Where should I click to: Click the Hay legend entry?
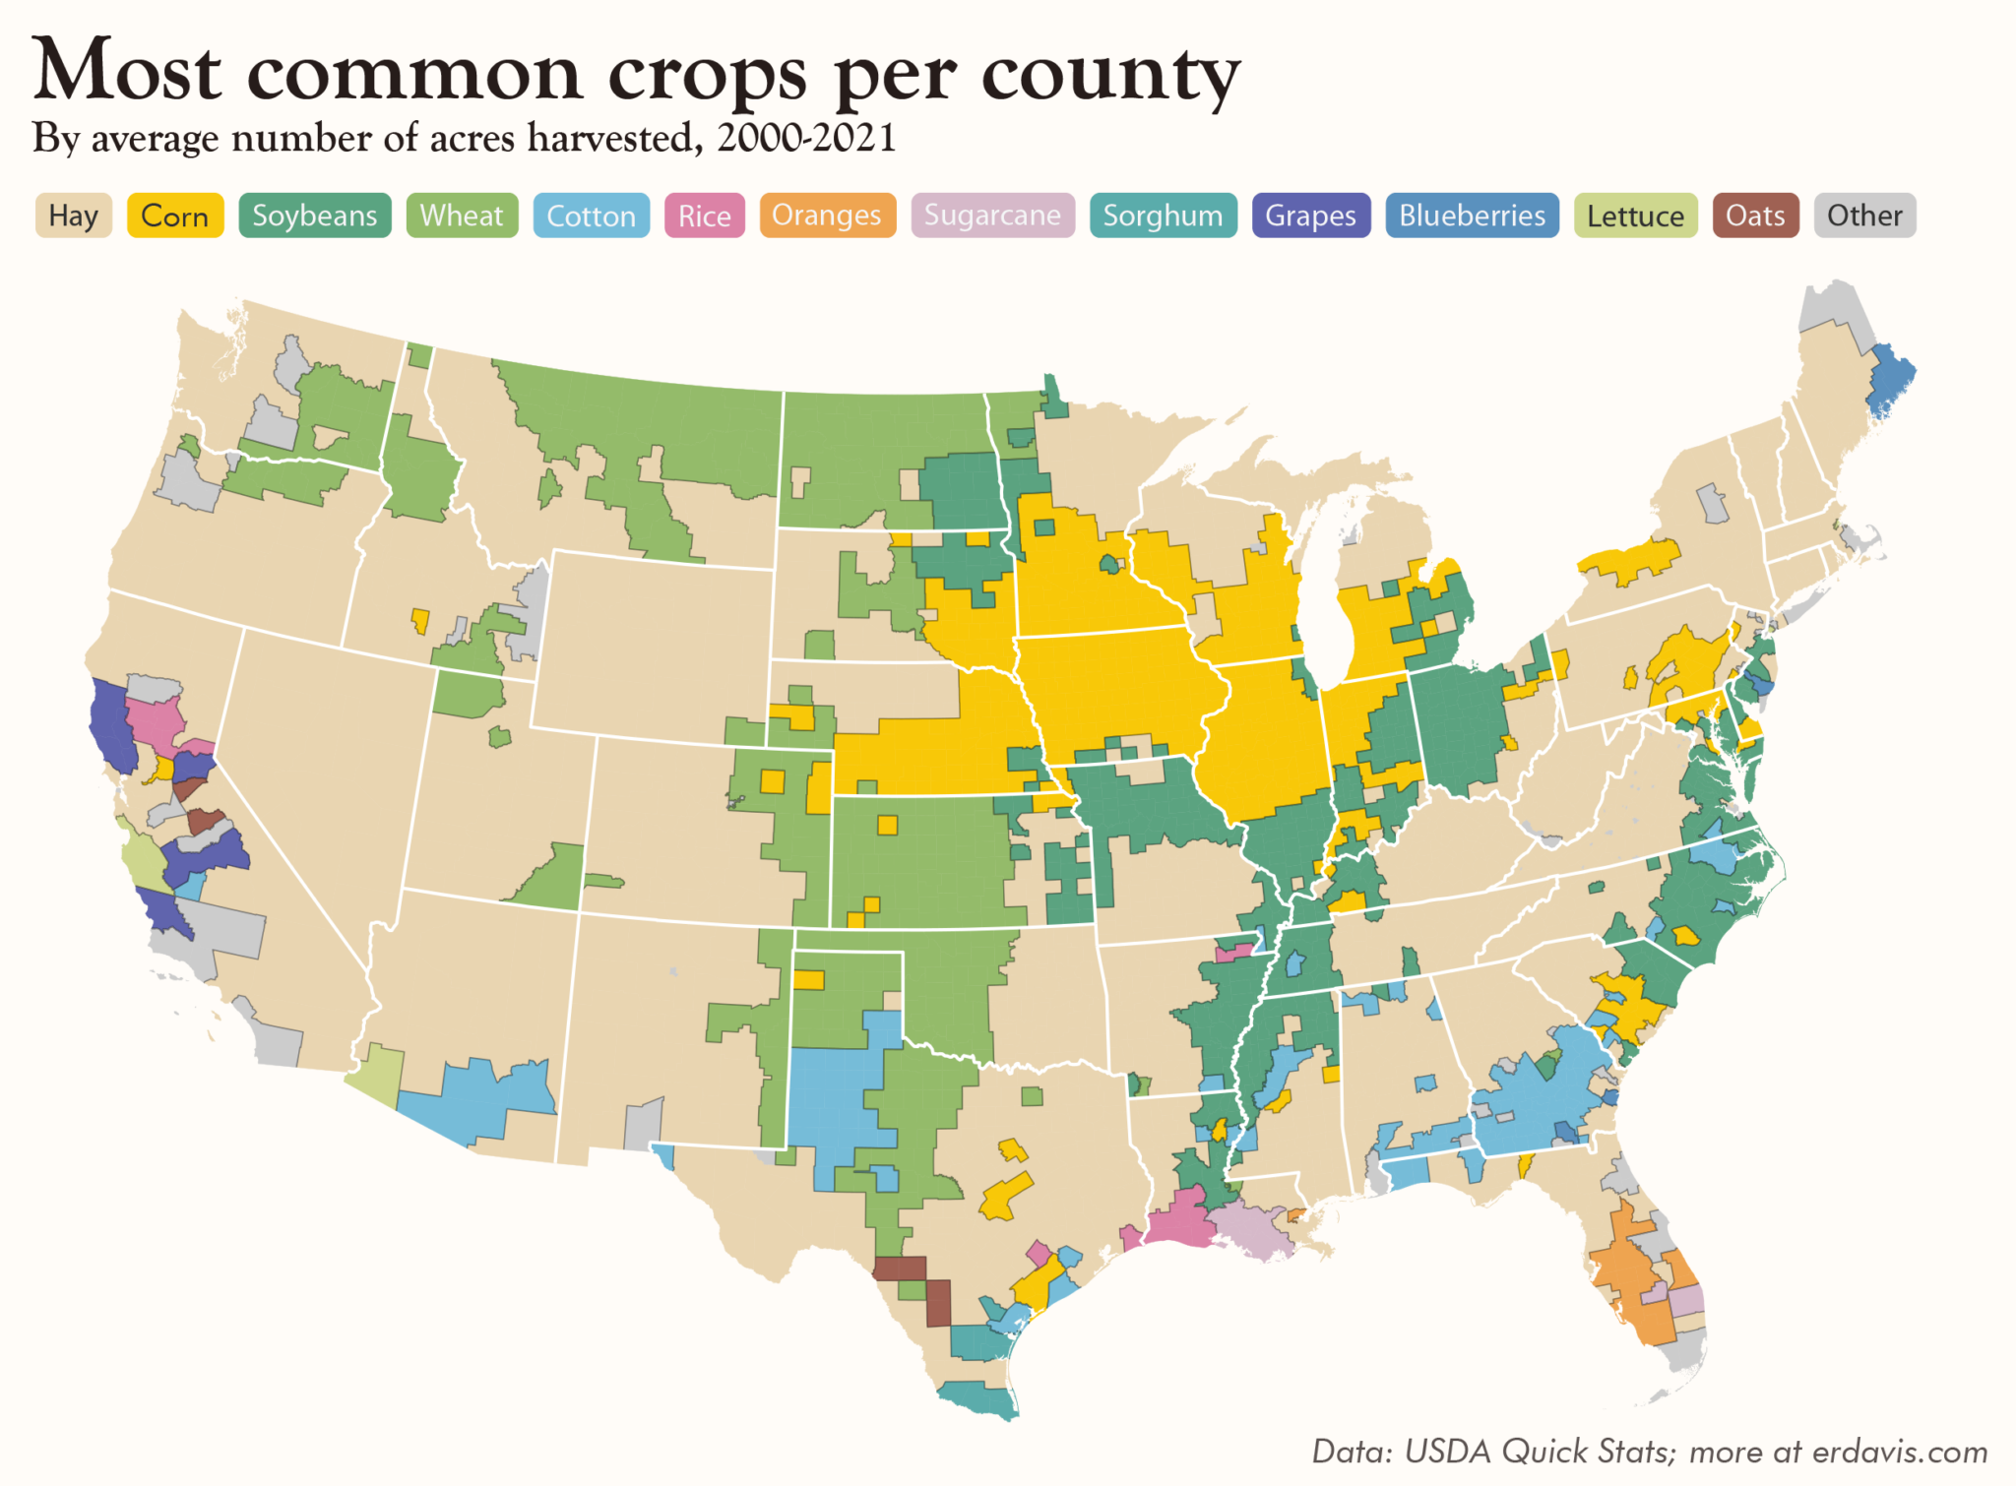click(74, 216)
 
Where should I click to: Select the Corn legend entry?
click(175, 216)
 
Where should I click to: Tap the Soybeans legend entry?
click(315, 216)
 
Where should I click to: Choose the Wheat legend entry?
click(462, 216)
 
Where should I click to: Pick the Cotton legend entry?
click(591, 216)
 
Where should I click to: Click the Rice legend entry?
click(704, 216)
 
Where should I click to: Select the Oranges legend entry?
click(827, 216)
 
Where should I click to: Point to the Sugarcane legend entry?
click(992, 216)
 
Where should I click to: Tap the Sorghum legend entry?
click(1163, 216)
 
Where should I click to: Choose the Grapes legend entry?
click(1310, 216)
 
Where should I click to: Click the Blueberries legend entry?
click(1472, 216)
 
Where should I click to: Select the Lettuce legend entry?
click(1635, 216)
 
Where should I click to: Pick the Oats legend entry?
click(1755, 216)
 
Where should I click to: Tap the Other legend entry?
click(1864, 216)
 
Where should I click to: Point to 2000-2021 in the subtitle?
click(806, 138)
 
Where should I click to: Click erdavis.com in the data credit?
click(1899, 1452)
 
